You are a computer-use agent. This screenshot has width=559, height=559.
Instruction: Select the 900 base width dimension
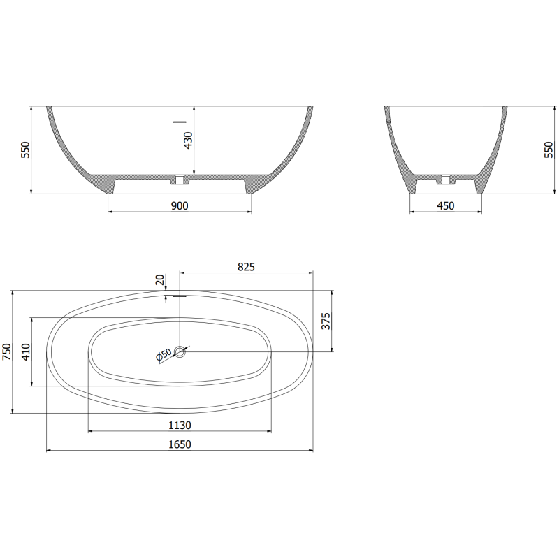click(x=180, y=205)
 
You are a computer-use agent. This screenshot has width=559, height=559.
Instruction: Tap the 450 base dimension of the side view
click(x=445, y=205)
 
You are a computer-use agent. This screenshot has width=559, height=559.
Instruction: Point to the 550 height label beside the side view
click(x=548, y=149)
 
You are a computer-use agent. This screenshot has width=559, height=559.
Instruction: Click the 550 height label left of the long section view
click(x=26, y=149)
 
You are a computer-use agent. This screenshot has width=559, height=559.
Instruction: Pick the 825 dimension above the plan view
click(x=246, y=266)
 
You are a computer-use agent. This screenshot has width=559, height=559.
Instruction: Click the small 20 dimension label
click(x=160, y=280)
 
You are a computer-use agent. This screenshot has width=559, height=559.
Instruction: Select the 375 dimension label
click(x=324, y=321)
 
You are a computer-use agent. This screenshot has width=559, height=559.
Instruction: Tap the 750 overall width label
click(x=8, y=351)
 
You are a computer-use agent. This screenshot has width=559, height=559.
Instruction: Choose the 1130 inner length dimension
click(x=180, y=425)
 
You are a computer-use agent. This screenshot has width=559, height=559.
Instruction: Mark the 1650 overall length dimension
click(x=180, y=444)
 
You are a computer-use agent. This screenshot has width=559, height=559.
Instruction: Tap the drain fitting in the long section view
click(x=180, y=181)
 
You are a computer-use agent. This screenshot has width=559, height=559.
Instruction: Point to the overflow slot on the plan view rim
click(x=180, y=296)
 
